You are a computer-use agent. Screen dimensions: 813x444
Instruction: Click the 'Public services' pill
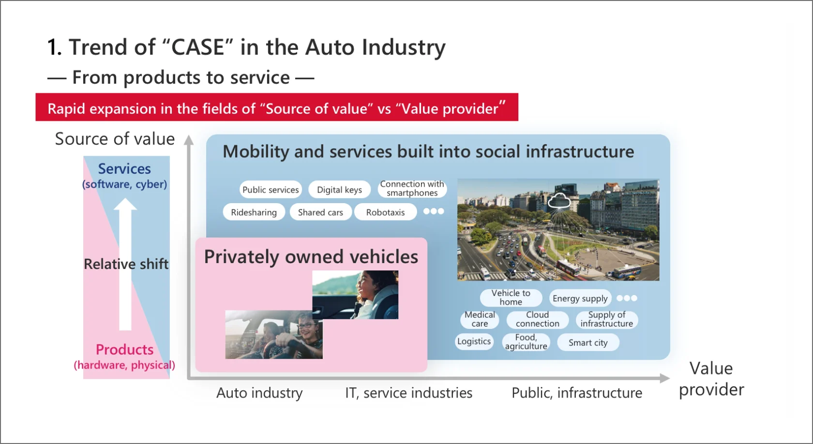tap(271, 190)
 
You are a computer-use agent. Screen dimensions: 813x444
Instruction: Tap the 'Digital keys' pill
tap(339, 190)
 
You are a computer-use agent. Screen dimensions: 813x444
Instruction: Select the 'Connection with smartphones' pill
tap(412, 189)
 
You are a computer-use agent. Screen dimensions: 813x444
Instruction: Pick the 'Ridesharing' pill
tap(254, 212)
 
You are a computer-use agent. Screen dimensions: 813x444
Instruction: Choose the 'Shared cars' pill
tap(320, 212)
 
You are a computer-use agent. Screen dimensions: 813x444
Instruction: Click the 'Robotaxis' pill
tap(385, 212)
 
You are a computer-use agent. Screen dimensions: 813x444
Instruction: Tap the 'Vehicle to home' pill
tap(511, 297)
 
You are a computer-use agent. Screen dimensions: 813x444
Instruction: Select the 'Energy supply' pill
tap(580, 298)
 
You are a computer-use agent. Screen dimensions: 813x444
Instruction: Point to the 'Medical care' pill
tap(480, 319)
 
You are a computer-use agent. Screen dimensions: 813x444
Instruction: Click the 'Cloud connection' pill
tap(537, 319)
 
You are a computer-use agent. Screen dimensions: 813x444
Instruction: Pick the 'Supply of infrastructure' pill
tap(606, 319)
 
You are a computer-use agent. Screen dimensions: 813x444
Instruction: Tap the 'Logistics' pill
tap(474, 341)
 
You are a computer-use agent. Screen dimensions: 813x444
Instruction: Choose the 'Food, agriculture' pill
tap(526, 342)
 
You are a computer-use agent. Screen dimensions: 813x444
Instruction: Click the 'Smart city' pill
tap(588, 342)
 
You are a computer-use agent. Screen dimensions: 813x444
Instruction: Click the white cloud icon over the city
tap(559, 201)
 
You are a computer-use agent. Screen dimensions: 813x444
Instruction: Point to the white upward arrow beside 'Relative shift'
tap(125, 264)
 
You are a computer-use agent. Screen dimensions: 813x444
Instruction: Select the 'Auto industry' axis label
tap(259, 393)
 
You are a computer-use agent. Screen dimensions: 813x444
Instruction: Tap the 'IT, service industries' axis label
tap(408, 393)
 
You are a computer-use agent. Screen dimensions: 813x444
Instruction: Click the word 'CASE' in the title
tap(198, 47)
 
